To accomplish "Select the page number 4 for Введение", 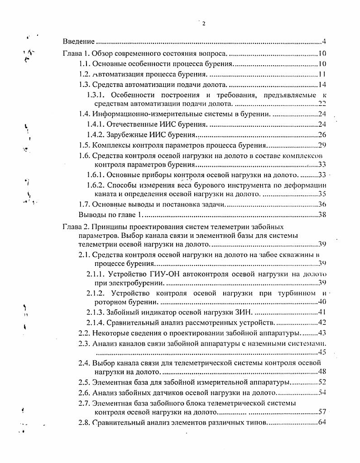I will click(325, 42).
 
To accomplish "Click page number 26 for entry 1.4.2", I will click(322, 135).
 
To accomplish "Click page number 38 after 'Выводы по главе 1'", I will click(322, 214).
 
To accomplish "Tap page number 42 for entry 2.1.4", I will click(322, 323).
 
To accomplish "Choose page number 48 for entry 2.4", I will click(322, 372).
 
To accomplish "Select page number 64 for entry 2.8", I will click(322, 423).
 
